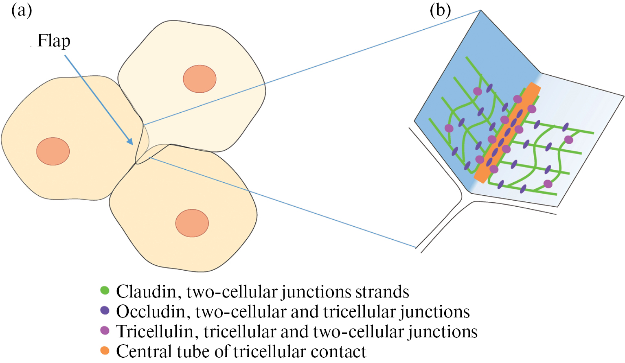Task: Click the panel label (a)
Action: pos(22,11)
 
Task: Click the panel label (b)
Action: pos(440,11)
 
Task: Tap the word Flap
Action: pos(54,41)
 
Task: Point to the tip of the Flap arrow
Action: pos(132,144)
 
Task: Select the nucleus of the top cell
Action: pos(200,79)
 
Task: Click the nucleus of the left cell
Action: pos(53,151)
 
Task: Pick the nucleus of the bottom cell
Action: pos(192,223)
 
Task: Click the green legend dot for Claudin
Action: pos(105,291)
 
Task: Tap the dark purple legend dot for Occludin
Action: pos(105,311)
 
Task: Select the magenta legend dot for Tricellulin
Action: pos(105,330)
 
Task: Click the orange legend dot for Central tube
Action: pos(105,350)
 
